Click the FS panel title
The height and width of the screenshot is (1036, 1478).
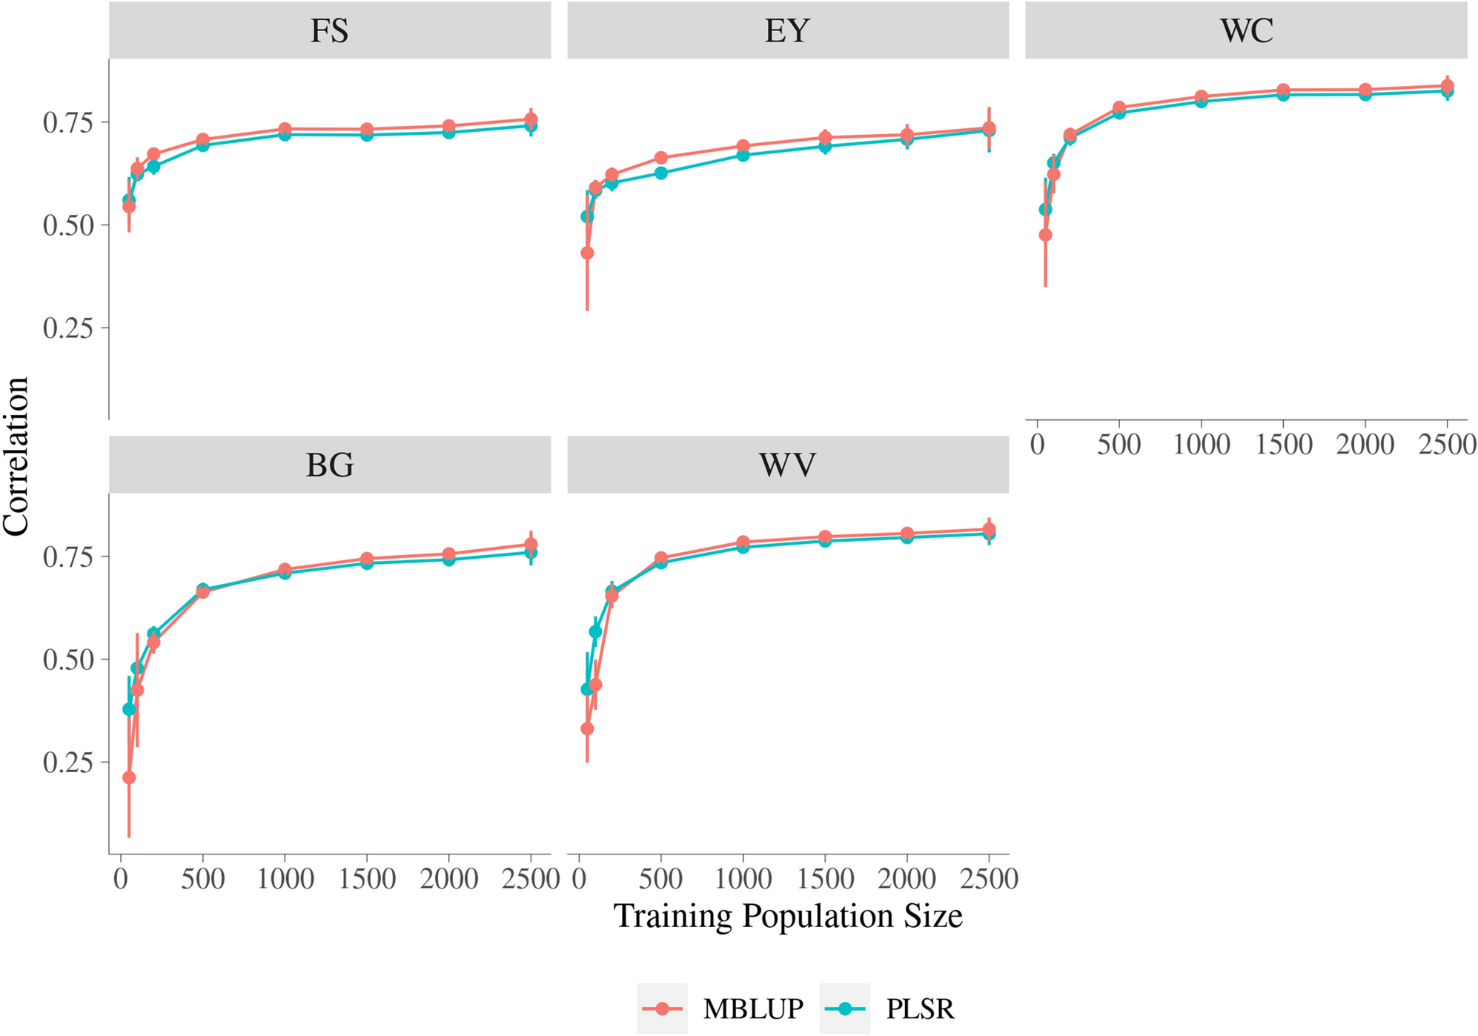pyautogui.click(x=329, y=30)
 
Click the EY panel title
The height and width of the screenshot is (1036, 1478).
pyautogui.click(x=787, y=30)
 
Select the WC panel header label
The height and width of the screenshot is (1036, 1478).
pyautogui.click(x=1246, y=30)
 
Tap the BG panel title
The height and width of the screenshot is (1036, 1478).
pyautogui.click(x=329, y=465)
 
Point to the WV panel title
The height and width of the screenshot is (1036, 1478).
pyautogui.click(x=787, y=465)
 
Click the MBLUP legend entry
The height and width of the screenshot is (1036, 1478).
pyautogui.click(x=752, y=1009)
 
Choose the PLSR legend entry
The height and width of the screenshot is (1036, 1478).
pyautogui.click(x=920, y=1009)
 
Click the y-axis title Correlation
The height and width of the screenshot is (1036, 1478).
pyautogui.click(x=16, y=456)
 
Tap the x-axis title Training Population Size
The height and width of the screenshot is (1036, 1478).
pyautogui.click(x=787, y=916)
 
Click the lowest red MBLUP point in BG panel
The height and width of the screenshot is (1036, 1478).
pyautogui.click(x=129, y=777)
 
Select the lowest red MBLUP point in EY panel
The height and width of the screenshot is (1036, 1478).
pyautogui.click(x=587, y=253)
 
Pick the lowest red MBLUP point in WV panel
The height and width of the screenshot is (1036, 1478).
pyautogui.click(x=587, y=728)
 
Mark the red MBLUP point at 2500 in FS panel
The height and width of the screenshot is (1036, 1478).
pyautogui.click(x=531, y=119)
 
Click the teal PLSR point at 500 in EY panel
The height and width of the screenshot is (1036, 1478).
pyautogui.click(x=661, y=173)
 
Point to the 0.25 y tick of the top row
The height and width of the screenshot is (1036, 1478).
pyautogui.click(x=68, y=328)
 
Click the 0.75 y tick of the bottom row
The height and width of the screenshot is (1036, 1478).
pyautogui.click(x=68, y=557)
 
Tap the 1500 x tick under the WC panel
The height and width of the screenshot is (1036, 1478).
pyautogui.click(x=1283, y=444)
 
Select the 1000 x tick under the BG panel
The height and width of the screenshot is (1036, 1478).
pyautogui.click(x=285, y=879)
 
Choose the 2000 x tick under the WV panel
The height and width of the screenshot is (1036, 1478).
pyautogui.click(x=907, y=879)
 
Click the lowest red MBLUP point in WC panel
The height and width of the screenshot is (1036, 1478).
pyautogui.click(x=1046, y=235)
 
